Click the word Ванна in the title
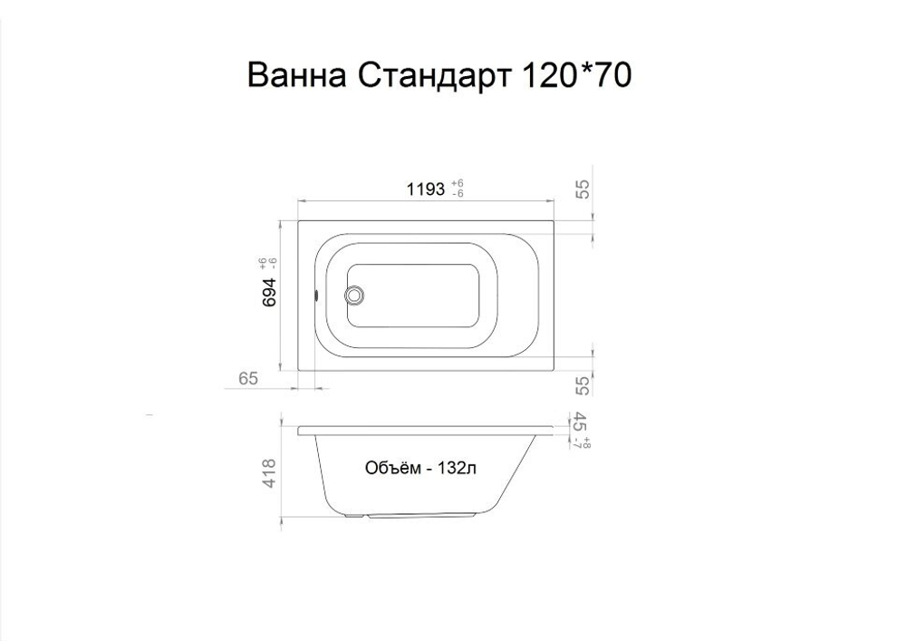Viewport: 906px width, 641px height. (x=297, y=76)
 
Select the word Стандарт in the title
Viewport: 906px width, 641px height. (x=435, y=76)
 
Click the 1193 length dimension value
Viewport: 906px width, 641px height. (x=424, y=189)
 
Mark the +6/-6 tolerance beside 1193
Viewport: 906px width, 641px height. (x=458, y=189)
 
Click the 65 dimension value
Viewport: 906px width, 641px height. (x=249, y=379)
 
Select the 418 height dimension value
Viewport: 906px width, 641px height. (x=268, y=472)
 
